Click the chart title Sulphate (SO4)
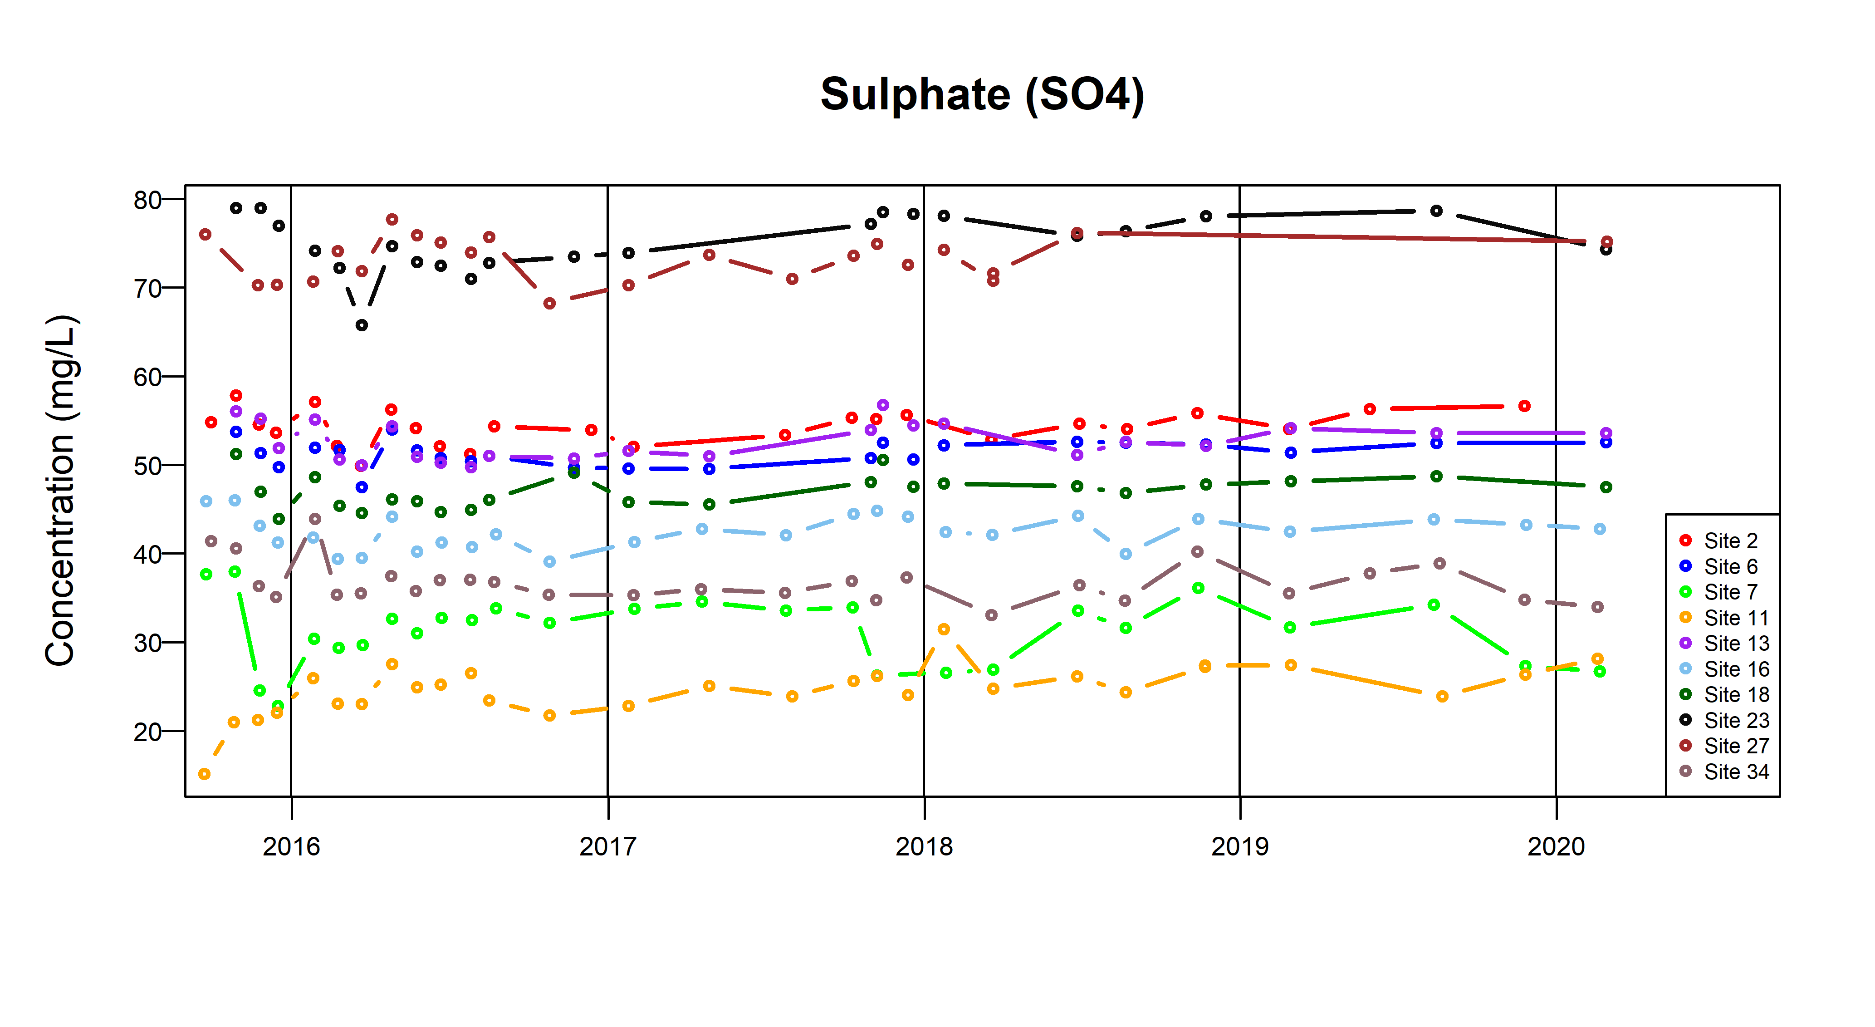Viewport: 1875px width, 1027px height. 982,95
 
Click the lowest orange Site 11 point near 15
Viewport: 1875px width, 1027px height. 205,773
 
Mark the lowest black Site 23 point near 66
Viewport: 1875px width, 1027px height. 362,325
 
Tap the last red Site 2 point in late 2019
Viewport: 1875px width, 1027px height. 1524,406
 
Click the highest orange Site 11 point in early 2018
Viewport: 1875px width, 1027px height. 943,629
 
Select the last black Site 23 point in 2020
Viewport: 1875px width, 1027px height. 1606,249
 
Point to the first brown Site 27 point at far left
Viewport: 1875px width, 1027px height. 205,235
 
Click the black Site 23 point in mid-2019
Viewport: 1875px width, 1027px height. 1436,211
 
